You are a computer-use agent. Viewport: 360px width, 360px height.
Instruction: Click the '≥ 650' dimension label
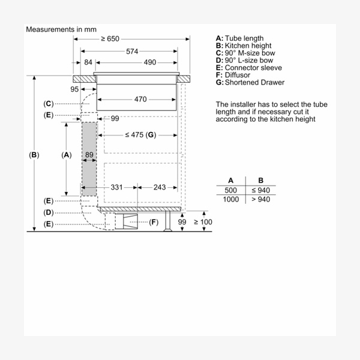point(110,39)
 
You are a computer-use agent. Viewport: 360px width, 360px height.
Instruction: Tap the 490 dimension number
point(149,62)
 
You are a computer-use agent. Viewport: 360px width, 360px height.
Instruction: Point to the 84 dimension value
point(88,62)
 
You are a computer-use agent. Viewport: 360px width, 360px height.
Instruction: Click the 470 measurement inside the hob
point(140,99)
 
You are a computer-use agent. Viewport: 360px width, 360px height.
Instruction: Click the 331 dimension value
point(116,187)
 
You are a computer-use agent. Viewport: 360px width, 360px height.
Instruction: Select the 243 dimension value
point(159,187)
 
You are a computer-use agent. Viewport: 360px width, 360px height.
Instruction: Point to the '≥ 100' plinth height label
point(203,223)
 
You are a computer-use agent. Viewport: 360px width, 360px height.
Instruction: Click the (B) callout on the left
point(34,155)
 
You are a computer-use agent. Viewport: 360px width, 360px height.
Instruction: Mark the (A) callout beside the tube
point(67,155)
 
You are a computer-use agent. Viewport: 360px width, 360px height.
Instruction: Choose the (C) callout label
point(49,104)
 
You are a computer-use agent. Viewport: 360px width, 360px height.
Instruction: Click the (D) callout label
point(49,212)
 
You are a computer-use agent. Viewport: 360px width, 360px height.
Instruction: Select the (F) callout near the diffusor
point(154,223)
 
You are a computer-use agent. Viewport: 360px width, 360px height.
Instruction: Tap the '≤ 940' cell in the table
point(260,190)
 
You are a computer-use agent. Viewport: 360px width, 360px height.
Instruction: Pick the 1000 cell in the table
point(230,199)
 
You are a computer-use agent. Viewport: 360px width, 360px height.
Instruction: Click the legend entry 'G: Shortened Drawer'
point(250,82)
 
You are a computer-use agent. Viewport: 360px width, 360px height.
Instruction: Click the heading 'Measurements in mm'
point(61,29)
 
